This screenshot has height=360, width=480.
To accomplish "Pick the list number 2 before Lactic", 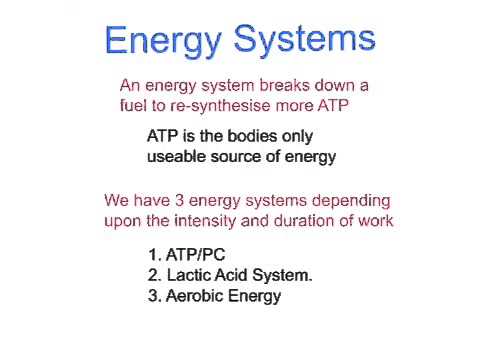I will tap(153, 275).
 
